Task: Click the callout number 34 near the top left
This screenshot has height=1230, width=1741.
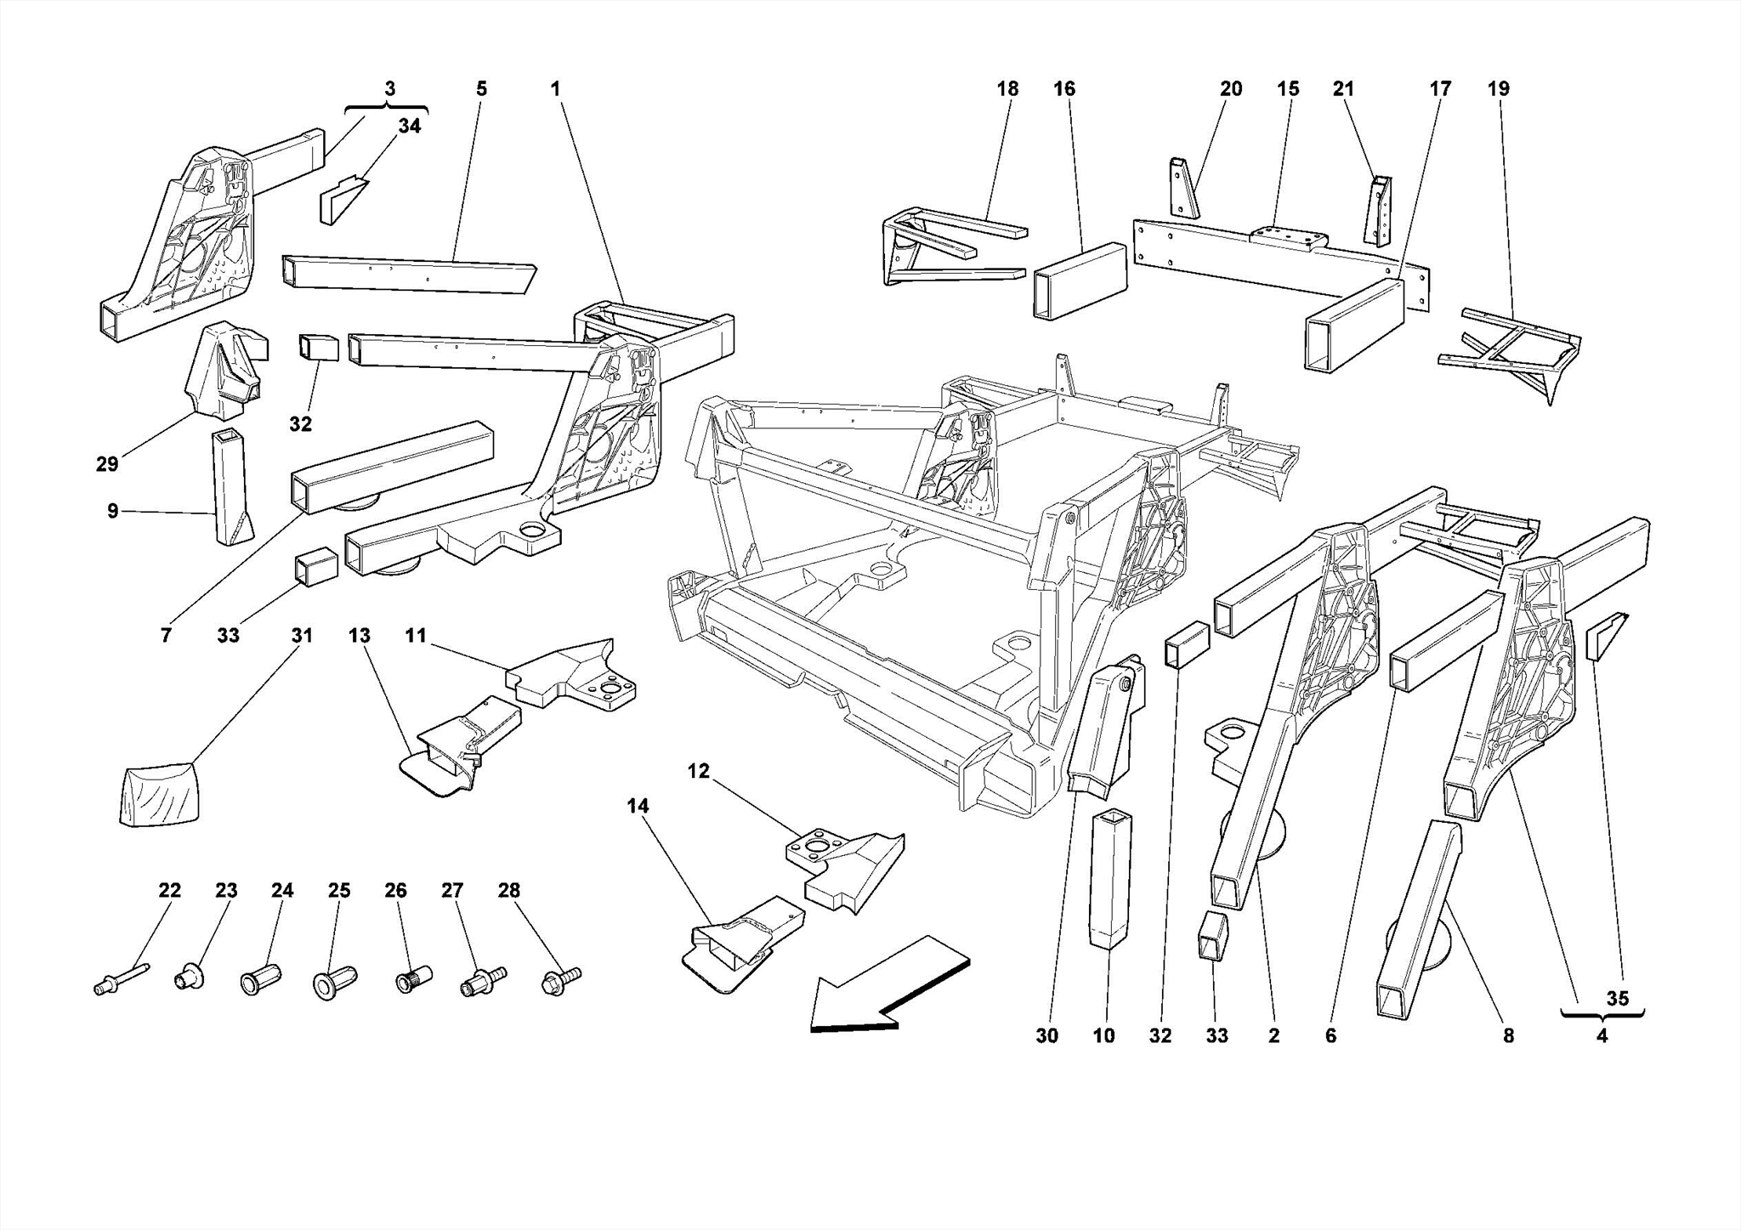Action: pos(409,126)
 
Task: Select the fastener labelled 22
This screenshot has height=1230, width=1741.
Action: pos(120,978)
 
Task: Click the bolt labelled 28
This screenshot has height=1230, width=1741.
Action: pos(559,980)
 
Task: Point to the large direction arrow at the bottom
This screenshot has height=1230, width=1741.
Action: pos(884,986)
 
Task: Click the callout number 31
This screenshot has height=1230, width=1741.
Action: pos(302,636)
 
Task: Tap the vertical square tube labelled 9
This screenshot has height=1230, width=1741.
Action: pos(231,486)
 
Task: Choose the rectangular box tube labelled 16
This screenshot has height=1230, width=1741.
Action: pos(1080,281)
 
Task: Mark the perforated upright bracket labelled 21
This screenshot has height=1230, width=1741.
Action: pos(1379,210)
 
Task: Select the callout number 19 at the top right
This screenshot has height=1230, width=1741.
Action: pos(1498,88)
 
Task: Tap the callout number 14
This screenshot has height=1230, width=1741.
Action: pos(638,806)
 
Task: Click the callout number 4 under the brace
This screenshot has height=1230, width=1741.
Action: pos(1602,1036)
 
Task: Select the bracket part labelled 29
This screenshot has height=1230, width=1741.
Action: pos(226,371)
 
